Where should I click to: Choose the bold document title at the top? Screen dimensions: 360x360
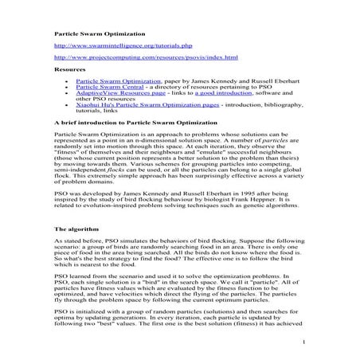coord(100,34)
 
